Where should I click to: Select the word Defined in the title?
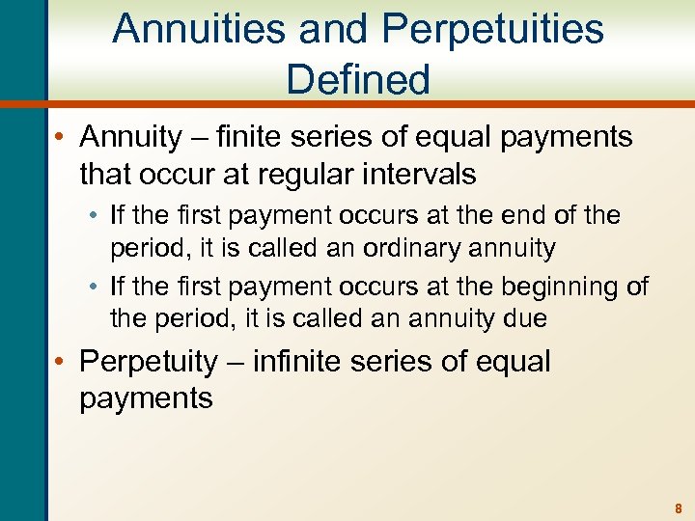[x=358, y=79]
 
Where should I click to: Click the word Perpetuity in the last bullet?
[x=149, y=362]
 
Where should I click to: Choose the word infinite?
[x=304, y=362]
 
